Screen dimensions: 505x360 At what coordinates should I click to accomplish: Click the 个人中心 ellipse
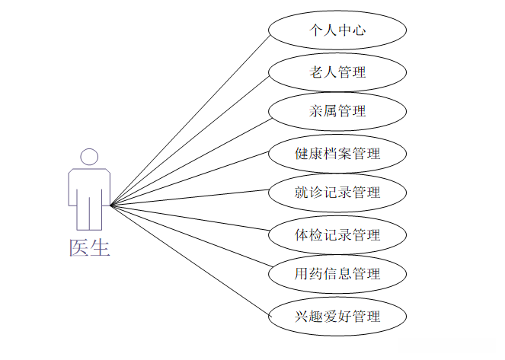(337, 31)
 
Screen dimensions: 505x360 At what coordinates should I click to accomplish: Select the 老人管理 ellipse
(337, 72)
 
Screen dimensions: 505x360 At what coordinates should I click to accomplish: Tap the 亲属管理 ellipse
(337, 111)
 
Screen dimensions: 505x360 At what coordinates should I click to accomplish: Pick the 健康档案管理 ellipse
(337, 153)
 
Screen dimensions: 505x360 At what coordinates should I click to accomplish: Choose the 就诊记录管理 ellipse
(337, 193)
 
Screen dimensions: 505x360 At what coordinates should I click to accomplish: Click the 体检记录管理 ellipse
(337, 234)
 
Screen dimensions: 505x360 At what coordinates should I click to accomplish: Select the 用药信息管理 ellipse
(337, 272)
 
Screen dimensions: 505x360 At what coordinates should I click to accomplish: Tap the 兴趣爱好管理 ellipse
(337, 316)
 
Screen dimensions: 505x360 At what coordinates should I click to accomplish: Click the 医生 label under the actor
(90, 247)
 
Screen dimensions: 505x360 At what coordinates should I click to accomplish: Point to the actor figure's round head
(90, 157)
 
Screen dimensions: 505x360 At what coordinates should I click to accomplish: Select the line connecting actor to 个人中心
(190, 120)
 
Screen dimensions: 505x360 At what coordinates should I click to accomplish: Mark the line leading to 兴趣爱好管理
(190, 260)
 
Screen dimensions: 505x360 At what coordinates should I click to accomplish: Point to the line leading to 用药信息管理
(190, 238)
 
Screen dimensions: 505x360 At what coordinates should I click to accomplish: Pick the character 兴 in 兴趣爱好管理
(303, 316)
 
